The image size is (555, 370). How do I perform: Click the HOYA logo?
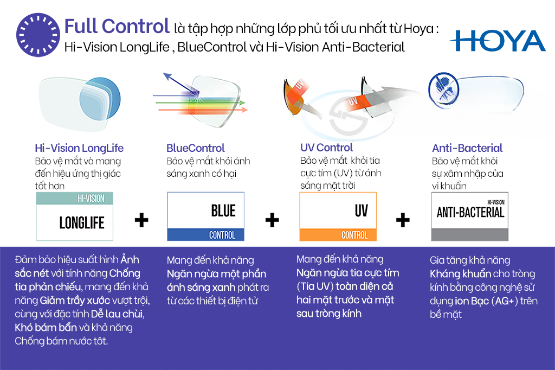(x=498, y=41)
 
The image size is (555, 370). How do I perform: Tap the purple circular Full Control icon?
(x=38, y=35)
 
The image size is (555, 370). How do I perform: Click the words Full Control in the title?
(x=117, y=26)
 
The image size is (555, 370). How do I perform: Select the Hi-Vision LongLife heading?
(x=79, y=148)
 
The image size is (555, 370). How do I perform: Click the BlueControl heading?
(x=195, y=148)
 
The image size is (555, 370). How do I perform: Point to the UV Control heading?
(x=326, y=148)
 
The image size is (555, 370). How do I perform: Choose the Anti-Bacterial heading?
(x=467, y=148)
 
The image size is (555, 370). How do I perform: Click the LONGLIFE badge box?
(x=74, y=216)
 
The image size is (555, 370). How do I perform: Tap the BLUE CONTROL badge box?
(x=205, y=216)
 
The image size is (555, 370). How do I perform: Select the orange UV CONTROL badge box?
(x=338, y=216)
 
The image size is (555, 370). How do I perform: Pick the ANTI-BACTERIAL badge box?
(x=470, y=216)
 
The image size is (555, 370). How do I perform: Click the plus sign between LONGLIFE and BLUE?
(x=141, y=220)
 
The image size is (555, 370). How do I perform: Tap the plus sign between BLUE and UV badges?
(x=272, y=220)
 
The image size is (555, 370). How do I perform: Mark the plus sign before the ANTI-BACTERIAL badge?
(x=403, y=220)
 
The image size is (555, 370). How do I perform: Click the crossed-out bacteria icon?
(x=444, y=88)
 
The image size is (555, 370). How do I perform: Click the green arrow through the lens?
(x=201, y=103)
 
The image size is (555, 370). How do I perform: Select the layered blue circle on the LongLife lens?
(x=100, y=100)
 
